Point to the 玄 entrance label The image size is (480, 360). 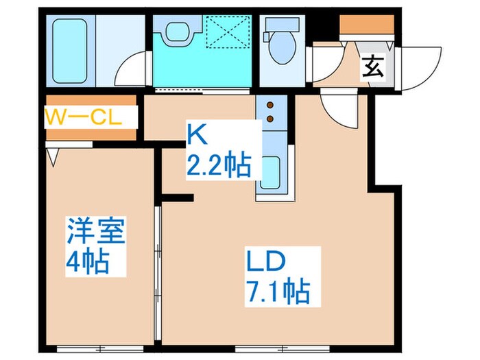coord(372,68)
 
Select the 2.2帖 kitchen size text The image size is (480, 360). coord(218,165)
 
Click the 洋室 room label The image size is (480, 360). coord(95,232)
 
